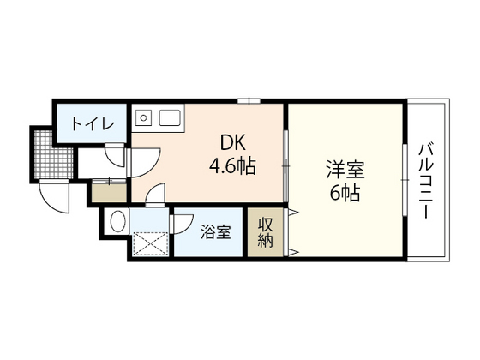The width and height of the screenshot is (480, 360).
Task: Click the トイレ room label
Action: [x=92, y=124]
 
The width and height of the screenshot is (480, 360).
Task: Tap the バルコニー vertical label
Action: [x=425, y=181]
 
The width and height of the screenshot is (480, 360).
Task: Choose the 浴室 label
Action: [x=215, y=231]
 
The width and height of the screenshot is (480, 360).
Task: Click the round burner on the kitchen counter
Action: [x=145, y=115]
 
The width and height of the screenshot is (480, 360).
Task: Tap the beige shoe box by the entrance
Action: [x=106, y=194]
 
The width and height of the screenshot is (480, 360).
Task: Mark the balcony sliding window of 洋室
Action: [x=405, y=180]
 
